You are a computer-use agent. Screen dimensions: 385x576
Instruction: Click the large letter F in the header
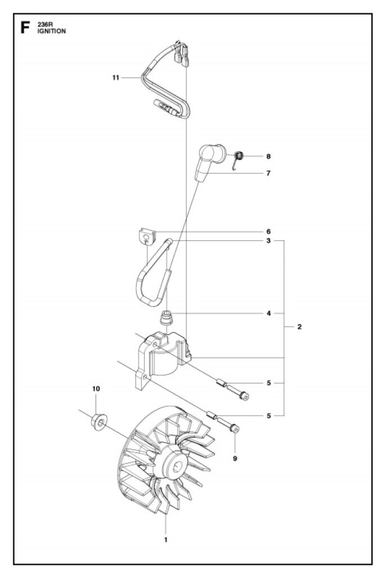(25, 28)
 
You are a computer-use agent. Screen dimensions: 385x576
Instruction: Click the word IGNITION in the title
(51, 31)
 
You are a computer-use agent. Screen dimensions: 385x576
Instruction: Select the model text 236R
(45, 25)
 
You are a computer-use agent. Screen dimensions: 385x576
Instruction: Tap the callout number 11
(116, 78)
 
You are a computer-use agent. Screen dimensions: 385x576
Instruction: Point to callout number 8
(268, 156)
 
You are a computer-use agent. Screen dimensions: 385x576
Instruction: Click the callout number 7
(268, 173)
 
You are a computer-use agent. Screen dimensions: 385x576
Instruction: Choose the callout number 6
(268, 232)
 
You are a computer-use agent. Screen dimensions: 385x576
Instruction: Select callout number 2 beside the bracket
(299, 327)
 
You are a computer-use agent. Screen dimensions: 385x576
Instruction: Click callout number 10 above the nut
(96, 389)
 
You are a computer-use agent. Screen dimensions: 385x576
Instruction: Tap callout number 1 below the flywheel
(166, 540)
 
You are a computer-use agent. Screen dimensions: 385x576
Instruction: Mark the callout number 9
(235, 458)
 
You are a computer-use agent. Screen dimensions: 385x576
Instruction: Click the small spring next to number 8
(238, 159)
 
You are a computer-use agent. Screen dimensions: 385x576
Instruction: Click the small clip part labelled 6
(147, 236)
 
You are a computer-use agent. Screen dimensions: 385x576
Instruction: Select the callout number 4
(269, 313)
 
